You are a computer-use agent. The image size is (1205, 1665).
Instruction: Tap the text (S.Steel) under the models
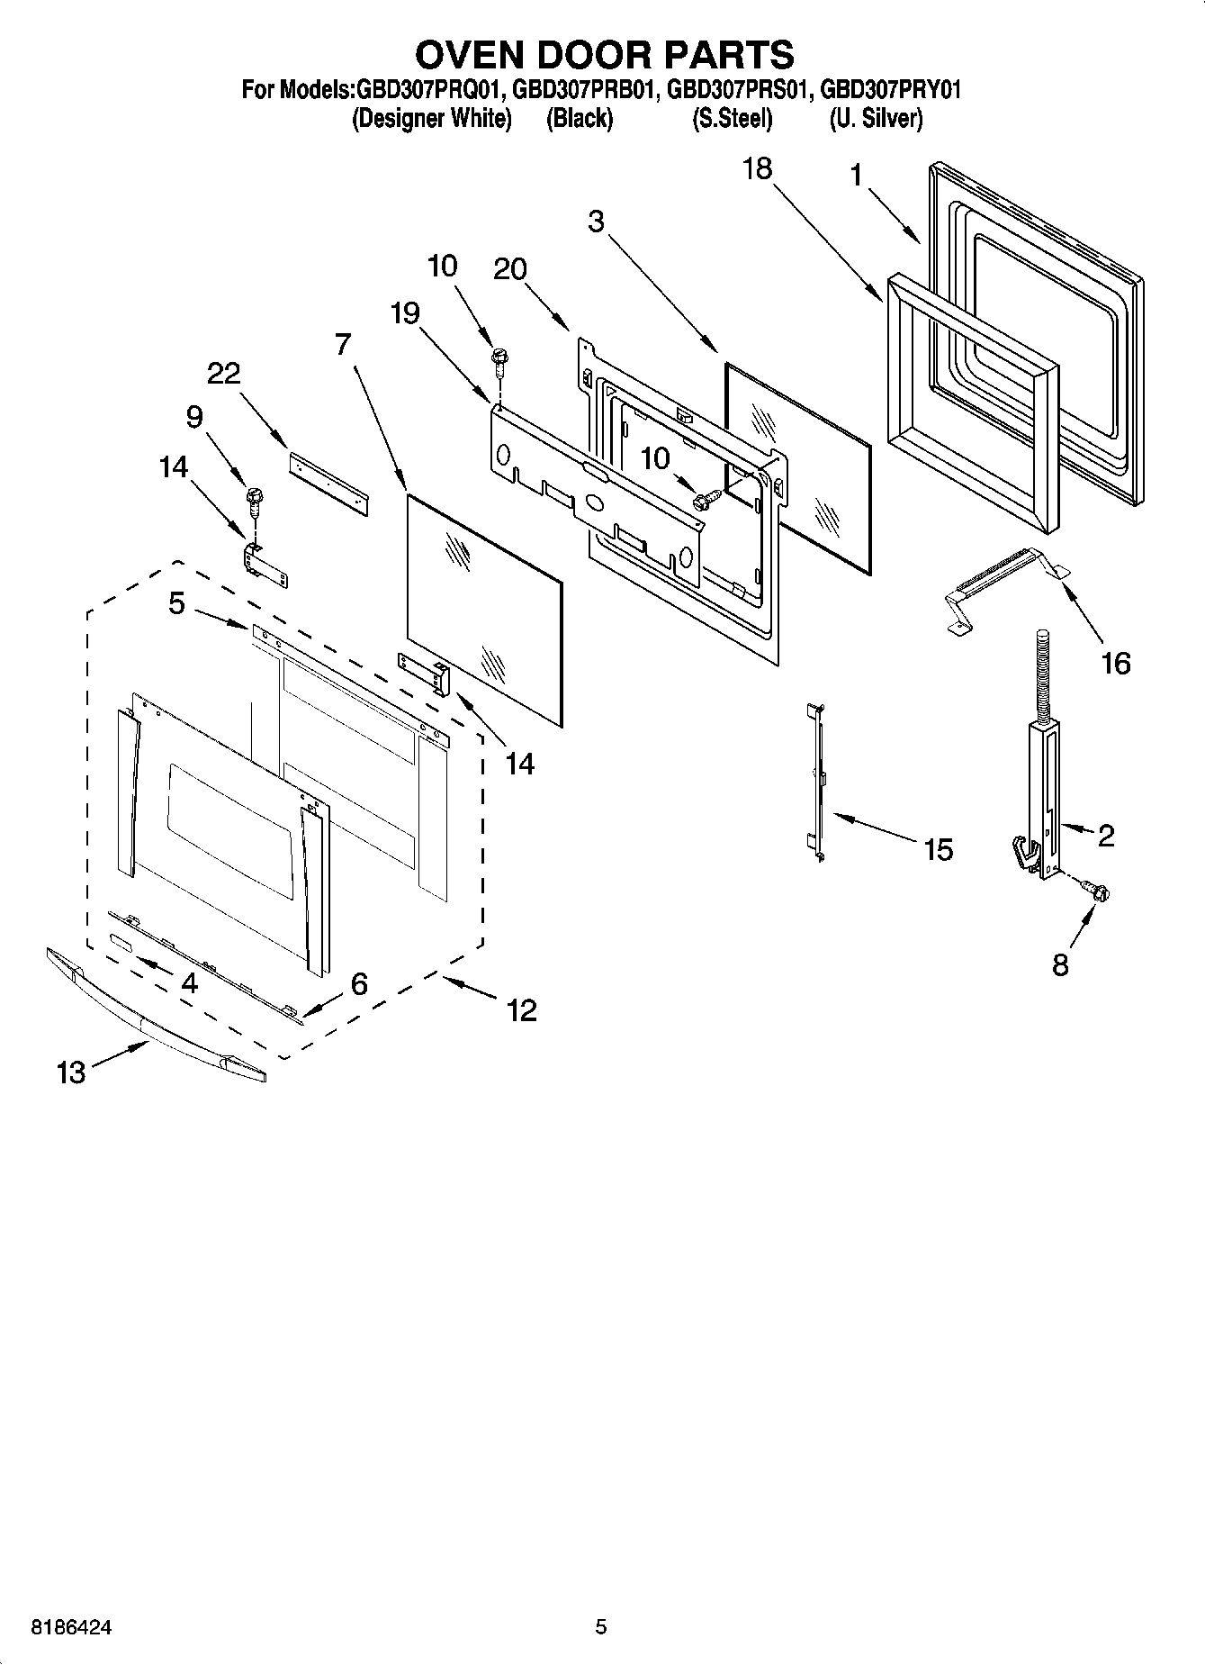tap(732, 118)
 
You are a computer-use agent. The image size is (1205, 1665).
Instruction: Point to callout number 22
tap(224, 373)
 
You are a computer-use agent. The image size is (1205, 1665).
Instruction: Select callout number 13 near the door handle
tap(71, 1072)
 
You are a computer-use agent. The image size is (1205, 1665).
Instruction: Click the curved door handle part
tap(153, 1018)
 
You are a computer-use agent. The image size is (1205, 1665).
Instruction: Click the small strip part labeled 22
tap(328, 484)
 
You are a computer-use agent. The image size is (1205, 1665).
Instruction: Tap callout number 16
tap(1115, 664)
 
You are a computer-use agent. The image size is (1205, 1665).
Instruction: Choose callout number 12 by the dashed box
tap(522, 1009)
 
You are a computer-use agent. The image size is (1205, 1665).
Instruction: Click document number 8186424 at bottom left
tap(72, 1627)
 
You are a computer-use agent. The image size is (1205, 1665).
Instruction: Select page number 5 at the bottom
tap(601, 1627)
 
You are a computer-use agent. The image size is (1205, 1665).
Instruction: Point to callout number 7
tap(342, 344)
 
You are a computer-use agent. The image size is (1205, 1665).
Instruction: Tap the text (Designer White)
tap(431, 118)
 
